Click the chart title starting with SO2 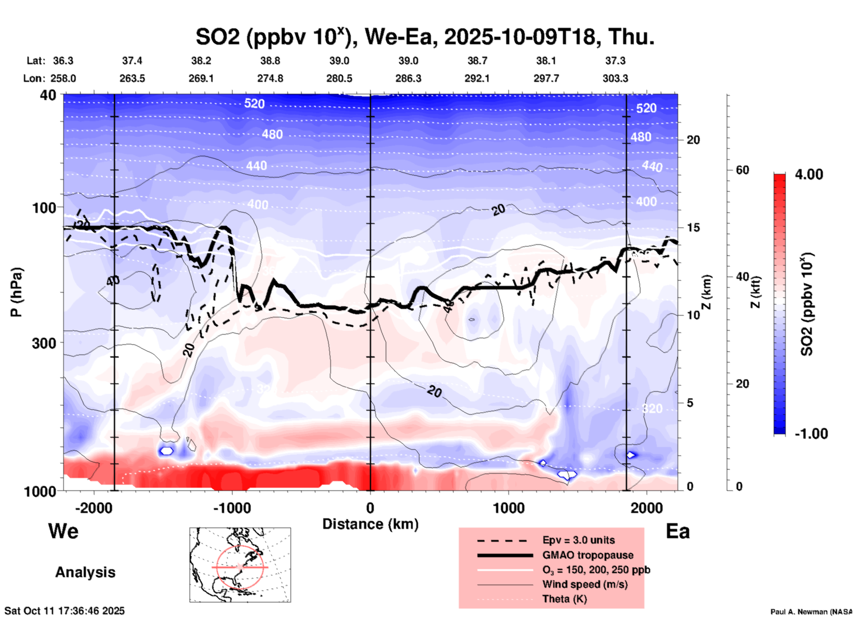[x=425, y=37]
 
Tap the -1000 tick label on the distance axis [x=232, y=508]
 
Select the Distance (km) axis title [x=370, y=524]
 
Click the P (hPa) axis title [x=16, y=292]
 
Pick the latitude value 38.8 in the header [x=270, y=61]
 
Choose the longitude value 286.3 [x=408, y=79]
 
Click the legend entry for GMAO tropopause [x=588, y=555]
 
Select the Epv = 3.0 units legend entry [x=578, y=540]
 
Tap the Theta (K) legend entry [x=564, y=599]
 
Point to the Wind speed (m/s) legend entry [x=585, y=584]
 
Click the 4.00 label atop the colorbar [x=809, y=174]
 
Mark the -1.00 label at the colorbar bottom [x=811, y=434]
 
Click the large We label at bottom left [x=63, y=531]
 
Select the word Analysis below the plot [x=85, y=572]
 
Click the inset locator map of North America [x=240, y=565]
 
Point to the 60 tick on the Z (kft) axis [x=742, y=170]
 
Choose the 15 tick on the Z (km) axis [x=693, y=228]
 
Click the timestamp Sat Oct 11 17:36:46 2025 [x=65, y=611]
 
